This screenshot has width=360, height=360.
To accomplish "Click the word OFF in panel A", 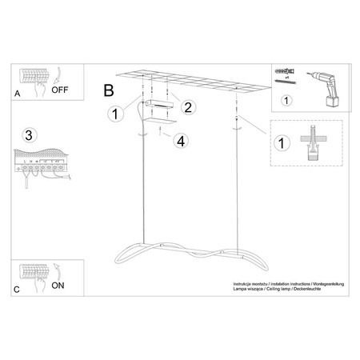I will pos(61,90).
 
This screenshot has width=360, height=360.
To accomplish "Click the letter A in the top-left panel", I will pos(18,94).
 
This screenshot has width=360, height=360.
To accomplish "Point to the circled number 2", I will pos(189,107).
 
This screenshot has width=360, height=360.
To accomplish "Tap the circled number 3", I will pos(30,133).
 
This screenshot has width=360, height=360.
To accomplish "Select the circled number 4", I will pos(182,142).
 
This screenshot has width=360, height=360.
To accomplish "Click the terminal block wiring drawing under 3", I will pos(40,164).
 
